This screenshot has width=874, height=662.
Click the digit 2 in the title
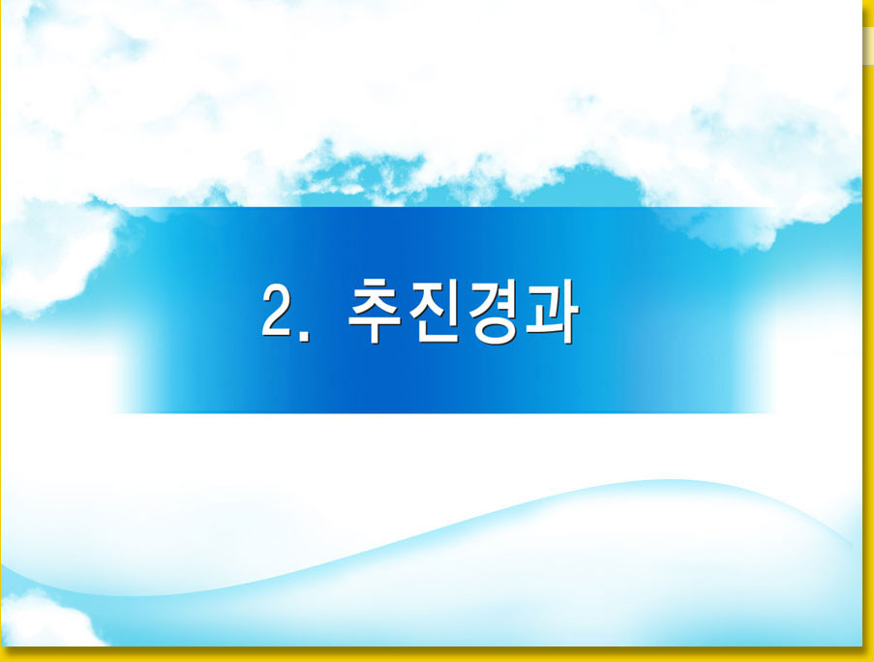click(277, 310)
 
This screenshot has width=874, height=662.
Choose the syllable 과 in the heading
click(552, 311)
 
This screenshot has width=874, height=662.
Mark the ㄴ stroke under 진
click(440, 332)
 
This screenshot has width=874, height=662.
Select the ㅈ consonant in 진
click(427, 298)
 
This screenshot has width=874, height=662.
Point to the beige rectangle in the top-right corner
click(868, 45)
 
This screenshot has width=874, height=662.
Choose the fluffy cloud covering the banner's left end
click(56, 256)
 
